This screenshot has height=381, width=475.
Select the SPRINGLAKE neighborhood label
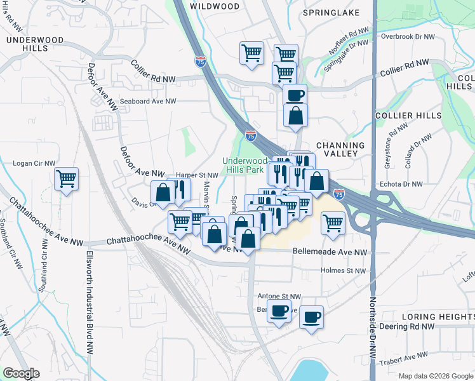331,13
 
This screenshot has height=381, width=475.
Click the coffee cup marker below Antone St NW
279,311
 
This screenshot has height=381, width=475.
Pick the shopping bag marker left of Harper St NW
163,192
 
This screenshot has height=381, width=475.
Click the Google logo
21,373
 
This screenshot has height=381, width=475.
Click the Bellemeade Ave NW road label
330,252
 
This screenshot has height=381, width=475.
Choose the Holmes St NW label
343,271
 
